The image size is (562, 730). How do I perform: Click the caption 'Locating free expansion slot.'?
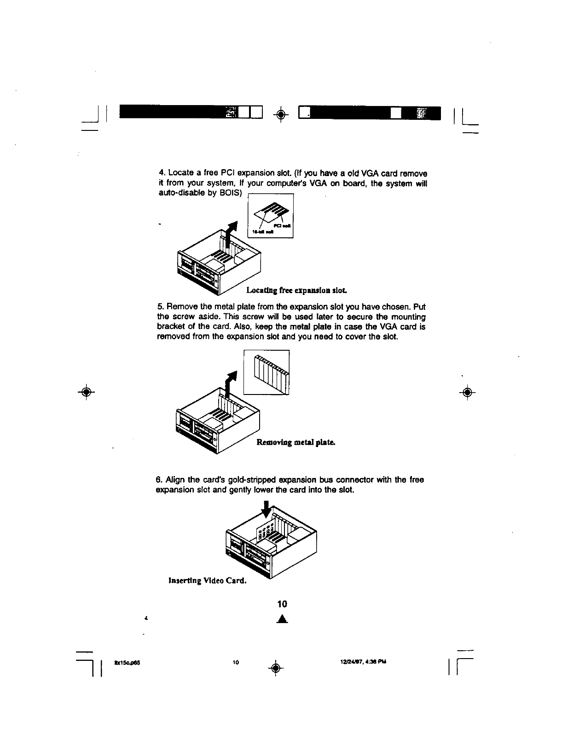(296, 290)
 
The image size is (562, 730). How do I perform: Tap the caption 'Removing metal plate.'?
(295, 442)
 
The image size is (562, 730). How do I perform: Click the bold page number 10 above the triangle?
(282, 604)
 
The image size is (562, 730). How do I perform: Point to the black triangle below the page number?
(283, 619)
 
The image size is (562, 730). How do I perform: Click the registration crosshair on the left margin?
(86, 393)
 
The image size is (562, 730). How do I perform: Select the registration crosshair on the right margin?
(467, 393)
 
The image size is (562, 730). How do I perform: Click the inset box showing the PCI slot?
(271, 216)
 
